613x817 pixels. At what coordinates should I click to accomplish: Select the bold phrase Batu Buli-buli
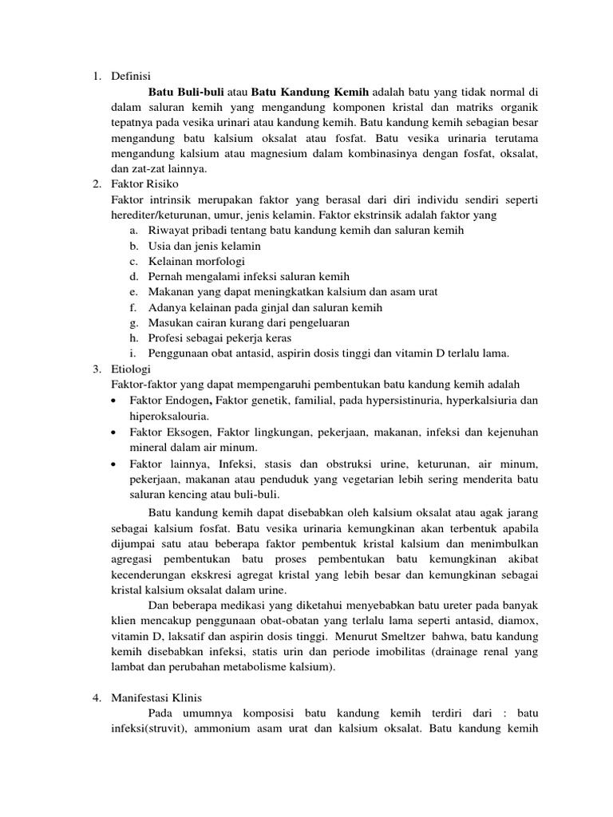181,92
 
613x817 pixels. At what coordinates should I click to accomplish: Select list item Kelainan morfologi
196,261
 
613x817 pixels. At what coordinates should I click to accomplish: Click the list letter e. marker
132,292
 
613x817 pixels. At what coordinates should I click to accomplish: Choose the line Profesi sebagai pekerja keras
218,338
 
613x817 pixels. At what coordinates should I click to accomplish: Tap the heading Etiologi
132,369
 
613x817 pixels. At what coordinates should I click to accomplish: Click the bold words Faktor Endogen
168,400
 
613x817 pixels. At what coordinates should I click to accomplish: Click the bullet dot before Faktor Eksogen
117,432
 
